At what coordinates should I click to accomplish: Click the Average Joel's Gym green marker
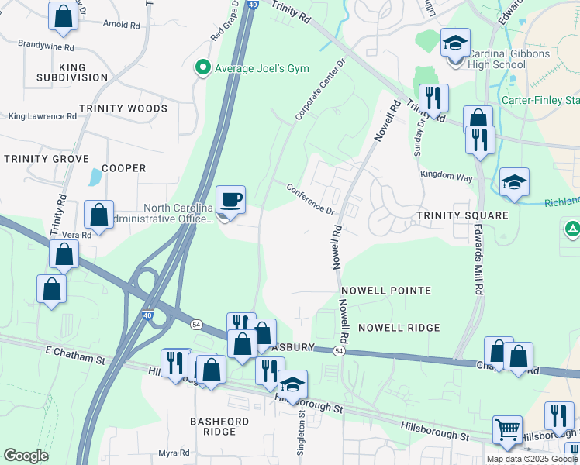[203, 68]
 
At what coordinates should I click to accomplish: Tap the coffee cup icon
[230, 200]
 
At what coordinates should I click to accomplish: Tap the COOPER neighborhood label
[123, 168]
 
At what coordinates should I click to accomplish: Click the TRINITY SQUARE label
[461, 215]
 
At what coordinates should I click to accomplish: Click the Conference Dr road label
[310, 199]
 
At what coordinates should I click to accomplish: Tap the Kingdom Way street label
[447, 176]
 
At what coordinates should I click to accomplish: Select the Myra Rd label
[174, 453]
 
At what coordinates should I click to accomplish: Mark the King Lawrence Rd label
[43, 117]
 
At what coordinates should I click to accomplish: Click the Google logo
[26, 456]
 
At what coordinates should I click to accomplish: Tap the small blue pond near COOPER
[95, 177]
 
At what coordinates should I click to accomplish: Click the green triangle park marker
[571, 229]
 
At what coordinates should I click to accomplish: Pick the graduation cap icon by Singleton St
[293, 384]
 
